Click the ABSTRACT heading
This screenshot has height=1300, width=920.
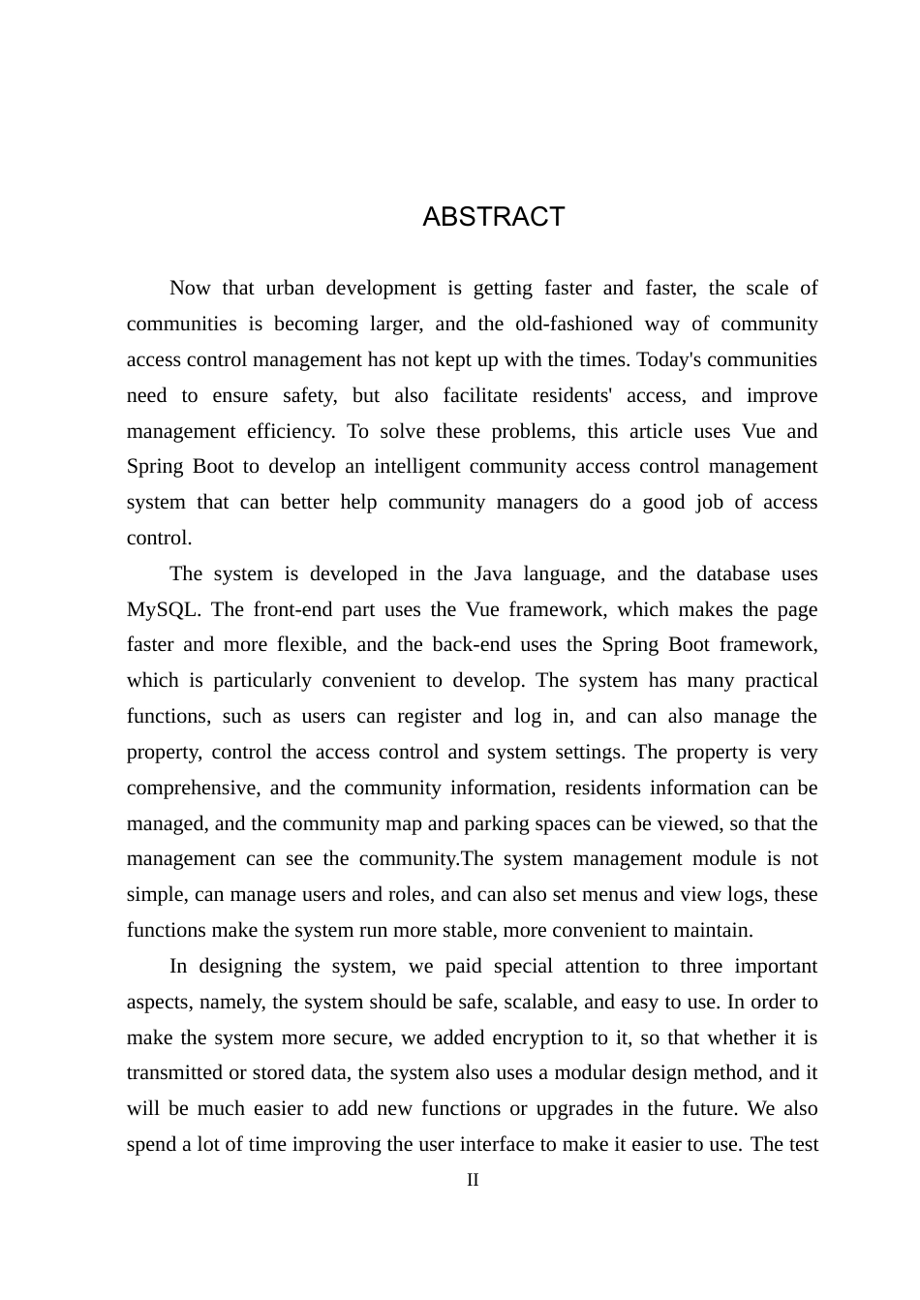point(493,217)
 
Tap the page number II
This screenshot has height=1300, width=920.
point(473,1180)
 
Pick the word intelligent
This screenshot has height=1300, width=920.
point(417,467)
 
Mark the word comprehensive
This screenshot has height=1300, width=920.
point(193,789)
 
